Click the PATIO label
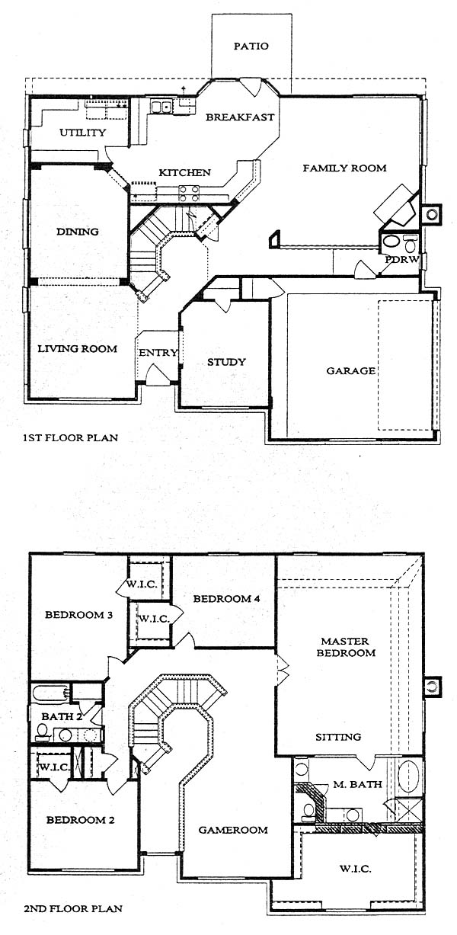pyautogui.click(x=251, y=46)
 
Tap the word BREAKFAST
pyautogui.click(x=240, y=117)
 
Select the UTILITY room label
pyautogui.click(x=82, y=133)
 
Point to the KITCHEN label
pyautogui.click(x=184, y=172)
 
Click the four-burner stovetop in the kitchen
pyautogui.click(x=189, y=194)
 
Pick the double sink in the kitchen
pyautogui.click(x=161, y=107)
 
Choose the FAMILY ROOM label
pyautogui.click(x=344, y=168)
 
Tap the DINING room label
pyautogui.click(x=78, y=232)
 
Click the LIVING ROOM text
pyautogui.click(x=77, y=348)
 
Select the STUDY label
pyautogui.click(x=227, y=362)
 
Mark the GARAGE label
pyautogui.click(x=350, y=370)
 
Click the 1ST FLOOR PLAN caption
pyautogui.click(x=71, y=438)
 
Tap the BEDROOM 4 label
pyautogui.click(x=227, y=599)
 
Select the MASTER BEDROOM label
pyautogui.click(x=346, y=647)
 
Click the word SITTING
pyautogui.click(x=338, y=737)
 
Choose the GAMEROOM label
pyautogui.click(x=233, y=831)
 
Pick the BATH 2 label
pyautogui.click(x=62, y=717)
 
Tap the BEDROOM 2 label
pyautogui.click(x=80, y=820)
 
